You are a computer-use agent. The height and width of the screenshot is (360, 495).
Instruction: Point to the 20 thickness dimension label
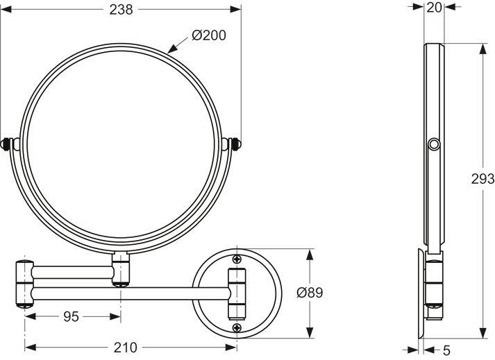click(435, 7)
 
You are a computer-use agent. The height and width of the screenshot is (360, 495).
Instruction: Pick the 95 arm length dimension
click(72, 316)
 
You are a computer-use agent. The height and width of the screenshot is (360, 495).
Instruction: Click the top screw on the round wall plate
click(237, 259)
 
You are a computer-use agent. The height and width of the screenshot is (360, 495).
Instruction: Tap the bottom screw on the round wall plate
click(237, 325)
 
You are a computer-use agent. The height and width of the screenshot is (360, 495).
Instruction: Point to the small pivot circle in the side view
click(435, 144)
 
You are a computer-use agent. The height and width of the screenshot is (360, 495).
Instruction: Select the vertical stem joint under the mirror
click(121, 269)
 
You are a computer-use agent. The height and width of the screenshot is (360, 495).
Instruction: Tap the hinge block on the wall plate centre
click(236, 292)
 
